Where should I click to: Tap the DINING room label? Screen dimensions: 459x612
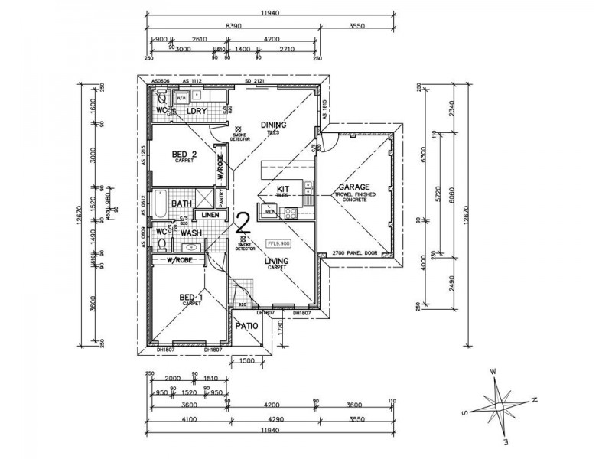point(272,125)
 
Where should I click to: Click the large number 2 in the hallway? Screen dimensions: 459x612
point(244,223)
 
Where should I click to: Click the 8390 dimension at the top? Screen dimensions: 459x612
point(236,25)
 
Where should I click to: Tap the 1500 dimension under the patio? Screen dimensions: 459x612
point(246,361)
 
